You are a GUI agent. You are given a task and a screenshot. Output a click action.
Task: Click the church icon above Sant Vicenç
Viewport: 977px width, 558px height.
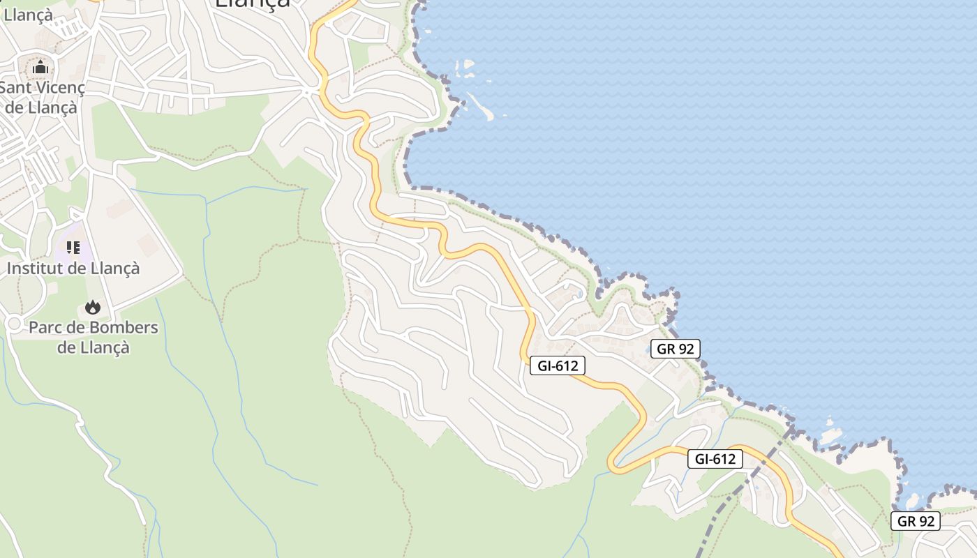tap(40, 68)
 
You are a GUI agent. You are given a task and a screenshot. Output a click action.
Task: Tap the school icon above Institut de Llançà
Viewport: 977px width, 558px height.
tap(73, 248)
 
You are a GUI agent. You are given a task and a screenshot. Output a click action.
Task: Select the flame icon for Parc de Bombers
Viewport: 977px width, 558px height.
tap(92, 307)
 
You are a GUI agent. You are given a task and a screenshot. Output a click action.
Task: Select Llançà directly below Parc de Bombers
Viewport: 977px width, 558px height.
tap(103, 347)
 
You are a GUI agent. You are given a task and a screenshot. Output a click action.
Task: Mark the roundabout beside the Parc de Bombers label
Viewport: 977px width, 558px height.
tap(14, 324)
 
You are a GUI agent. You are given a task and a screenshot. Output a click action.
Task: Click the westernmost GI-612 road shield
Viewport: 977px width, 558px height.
tap(557, 365)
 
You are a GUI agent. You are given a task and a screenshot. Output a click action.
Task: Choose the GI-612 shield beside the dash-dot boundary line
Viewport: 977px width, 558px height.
tap(715, 459)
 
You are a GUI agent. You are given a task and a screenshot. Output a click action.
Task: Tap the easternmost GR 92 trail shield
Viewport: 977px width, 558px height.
tap(916, 521)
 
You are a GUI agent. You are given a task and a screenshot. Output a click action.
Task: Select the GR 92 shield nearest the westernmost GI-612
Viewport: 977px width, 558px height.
tap(675, 349)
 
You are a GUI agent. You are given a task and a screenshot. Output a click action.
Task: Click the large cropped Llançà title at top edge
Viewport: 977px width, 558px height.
tap(252, 4)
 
